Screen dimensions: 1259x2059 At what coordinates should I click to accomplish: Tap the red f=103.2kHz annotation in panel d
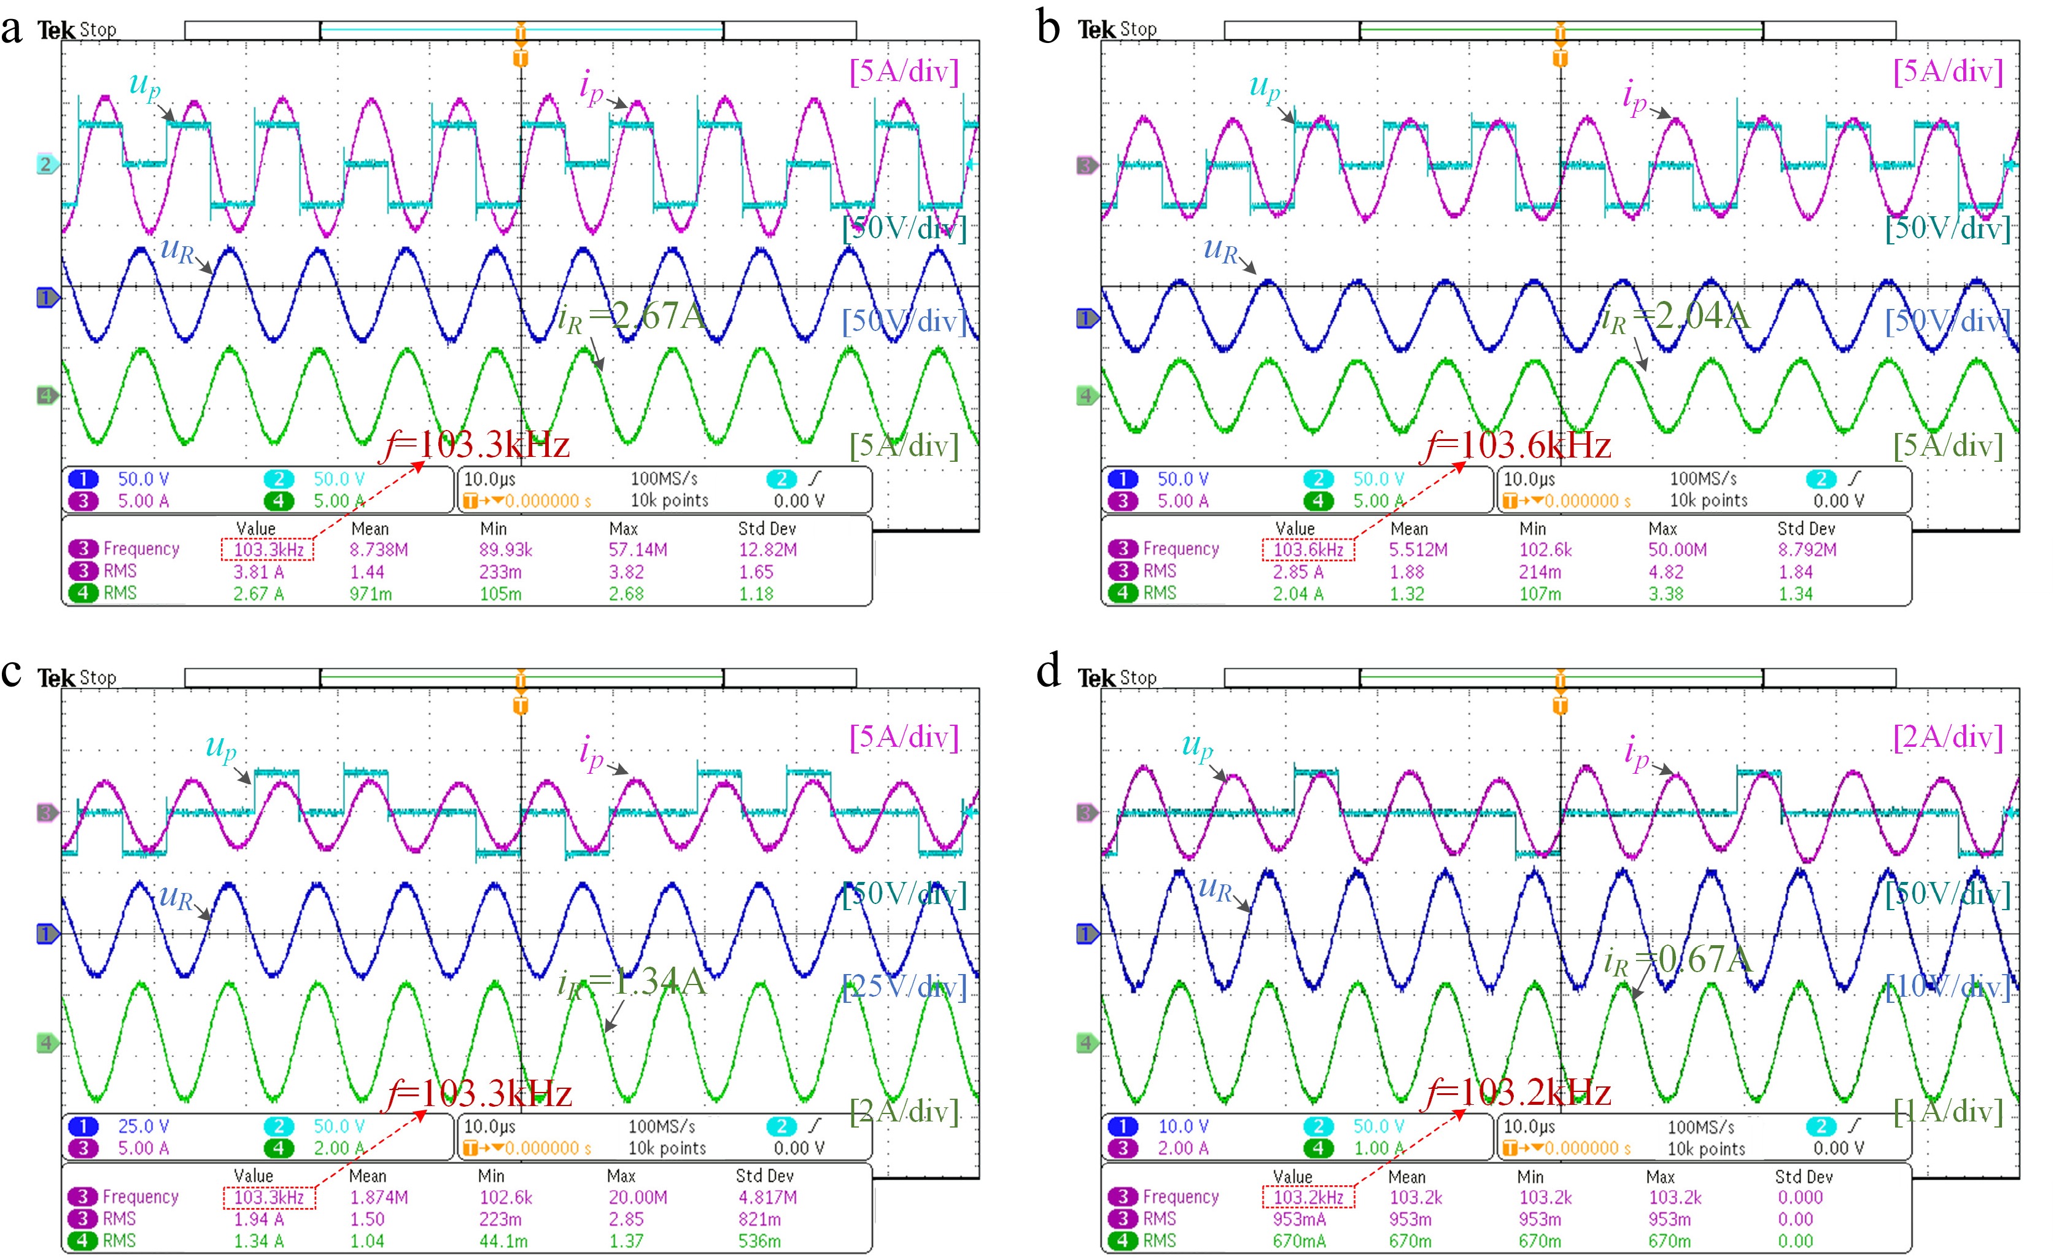point(1518,1093)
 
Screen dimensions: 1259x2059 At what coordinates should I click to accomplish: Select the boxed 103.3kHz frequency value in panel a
point(268,549)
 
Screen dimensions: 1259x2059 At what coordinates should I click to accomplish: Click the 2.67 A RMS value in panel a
point(258,593)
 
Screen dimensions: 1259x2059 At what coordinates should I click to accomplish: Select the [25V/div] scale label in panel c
point(904,988)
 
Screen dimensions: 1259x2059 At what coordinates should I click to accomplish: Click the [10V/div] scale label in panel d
point(1948,988)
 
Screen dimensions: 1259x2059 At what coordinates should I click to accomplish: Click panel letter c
point(12,671)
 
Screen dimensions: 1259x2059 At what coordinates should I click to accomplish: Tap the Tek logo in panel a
point(55,30)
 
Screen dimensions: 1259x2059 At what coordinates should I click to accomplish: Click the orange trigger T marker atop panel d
point(1559,706)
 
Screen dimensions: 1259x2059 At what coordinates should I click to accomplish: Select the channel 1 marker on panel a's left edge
point(47,298)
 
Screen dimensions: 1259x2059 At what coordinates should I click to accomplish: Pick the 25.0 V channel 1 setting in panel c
point(143,1126)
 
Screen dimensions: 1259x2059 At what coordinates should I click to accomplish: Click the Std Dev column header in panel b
point(1806,528)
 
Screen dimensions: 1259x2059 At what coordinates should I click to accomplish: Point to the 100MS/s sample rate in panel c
point(662,1126)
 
